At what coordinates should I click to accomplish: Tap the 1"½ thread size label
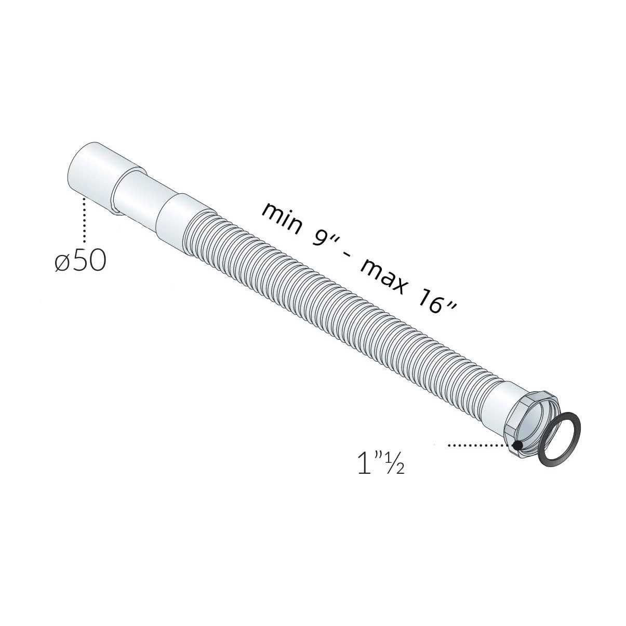[381, 464]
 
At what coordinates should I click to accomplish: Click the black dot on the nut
[518, 445]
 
